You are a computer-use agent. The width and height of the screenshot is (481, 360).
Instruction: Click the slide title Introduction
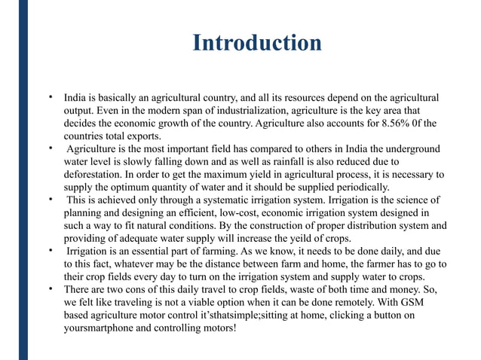tap(257, 42)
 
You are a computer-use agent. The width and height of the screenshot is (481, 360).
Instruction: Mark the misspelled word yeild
tap(306, 239)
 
